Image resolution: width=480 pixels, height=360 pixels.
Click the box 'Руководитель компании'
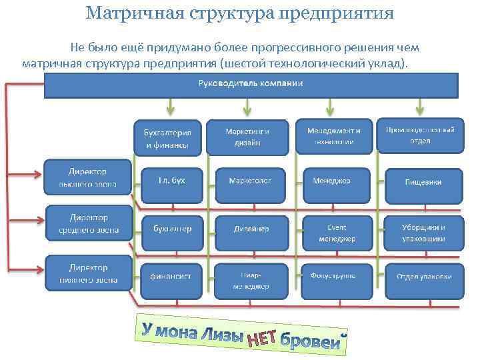point(251,85)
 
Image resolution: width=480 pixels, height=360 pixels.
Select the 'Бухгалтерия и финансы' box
point(167,137)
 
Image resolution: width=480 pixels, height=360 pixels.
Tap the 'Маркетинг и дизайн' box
point(247,137)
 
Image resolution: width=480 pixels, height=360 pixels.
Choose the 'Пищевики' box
point(423,182)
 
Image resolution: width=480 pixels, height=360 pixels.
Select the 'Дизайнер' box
point(251,229)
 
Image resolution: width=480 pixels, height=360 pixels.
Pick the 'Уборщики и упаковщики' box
point(423,233)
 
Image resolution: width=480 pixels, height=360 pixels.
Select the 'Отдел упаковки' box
point(424,276)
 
